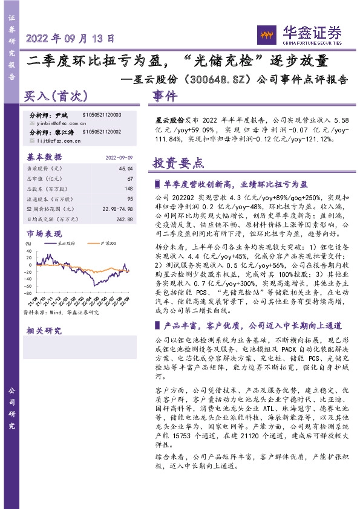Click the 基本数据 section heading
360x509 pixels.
45,157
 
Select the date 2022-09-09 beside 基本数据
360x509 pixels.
119,157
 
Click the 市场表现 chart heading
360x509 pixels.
44,233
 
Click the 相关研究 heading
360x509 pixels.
44,331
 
